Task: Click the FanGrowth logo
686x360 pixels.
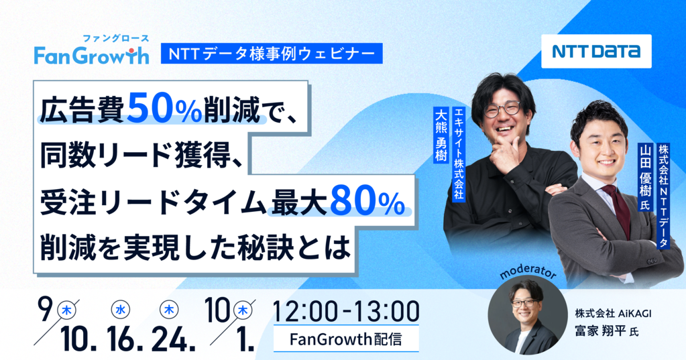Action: [91, 50]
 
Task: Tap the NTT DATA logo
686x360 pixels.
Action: [596, 51]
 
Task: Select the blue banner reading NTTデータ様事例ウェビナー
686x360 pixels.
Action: [272, 54]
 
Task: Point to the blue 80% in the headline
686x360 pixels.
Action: [367, 201]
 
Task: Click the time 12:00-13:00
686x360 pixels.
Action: [345, 311]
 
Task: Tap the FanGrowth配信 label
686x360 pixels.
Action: [345, 339]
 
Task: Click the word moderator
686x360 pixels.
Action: [527, 272]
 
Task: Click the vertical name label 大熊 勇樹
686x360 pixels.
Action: [441, 134]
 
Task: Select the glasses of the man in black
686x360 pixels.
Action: [502, 109]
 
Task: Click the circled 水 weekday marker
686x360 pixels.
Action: [120, 310]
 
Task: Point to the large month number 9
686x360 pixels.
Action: [46, 309]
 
